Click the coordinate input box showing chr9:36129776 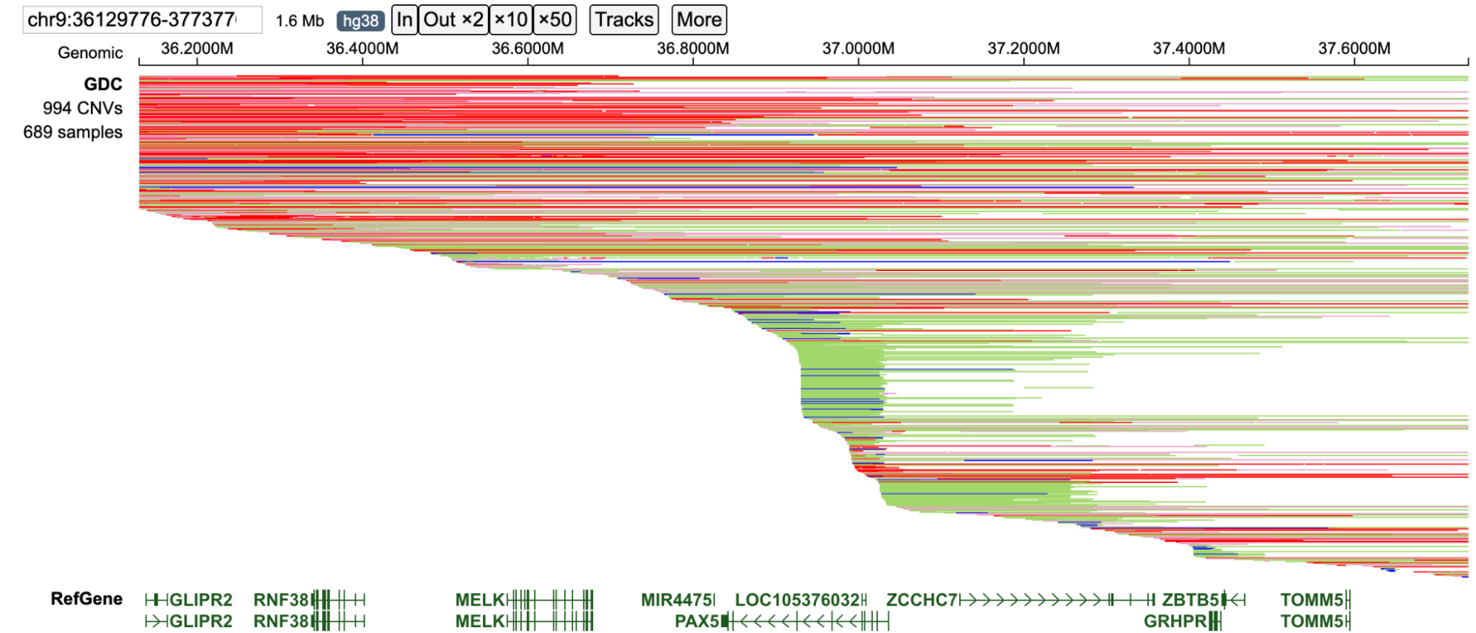pyautogui.click(x=142, y=20)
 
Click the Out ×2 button pyautogui.click(x=453, y=20)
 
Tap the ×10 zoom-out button pyautogui.click(x=511, y=20)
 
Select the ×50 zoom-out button pyautogui.click(x=555, y=20)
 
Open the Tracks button pyautogui.click(x=624, y=20)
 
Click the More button pyautogui.click(x=698, y=20)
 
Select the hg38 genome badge pyautogui.click(x=360, y=21)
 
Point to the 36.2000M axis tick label pyautogui.click(x=197, y=49)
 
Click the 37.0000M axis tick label pyautogui.click(x=858, y=49)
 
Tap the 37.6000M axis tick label pyautogui.click(x=1354, y=49)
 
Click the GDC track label pyautogui.click(x=103, y=84)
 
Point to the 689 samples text pyautogui.click(x=72, y=132)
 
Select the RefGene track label pyautogui.click(x=86, y=598)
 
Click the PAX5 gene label pyautogui.click(x=697, y=621)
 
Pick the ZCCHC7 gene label pyautogui.click(x=921, y=600)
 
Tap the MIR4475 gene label pyautogui.click(x=676, y=600)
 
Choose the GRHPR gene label pyautogui.click(x=1175, y=621)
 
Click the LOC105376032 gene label pyautogui.click(x=797, y=600)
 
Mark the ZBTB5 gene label pyautogui.click(x=1190, y=600)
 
